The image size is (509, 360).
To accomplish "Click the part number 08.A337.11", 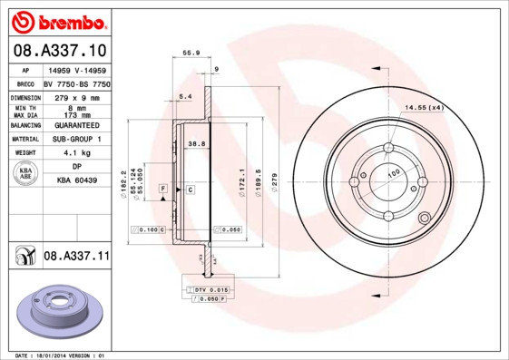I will pos(76,258).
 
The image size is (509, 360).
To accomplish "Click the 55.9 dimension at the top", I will pos(191,54).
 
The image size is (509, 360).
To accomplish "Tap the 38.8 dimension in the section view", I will pos(195,143).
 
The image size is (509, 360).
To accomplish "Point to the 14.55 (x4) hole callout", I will pos(424,109).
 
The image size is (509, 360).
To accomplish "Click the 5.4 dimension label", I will pos(185,96).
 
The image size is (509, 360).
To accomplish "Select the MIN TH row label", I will pos(24,108).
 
